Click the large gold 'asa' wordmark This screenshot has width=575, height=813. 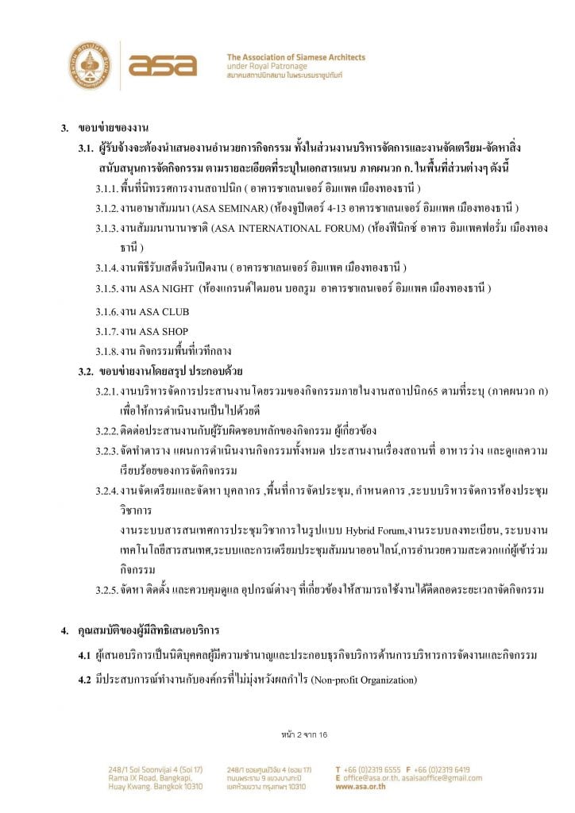point(162,64)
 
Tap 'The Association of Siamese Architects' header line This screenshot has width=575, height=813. point(295,57)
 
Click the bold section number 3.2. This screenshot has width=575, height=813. point(86,371)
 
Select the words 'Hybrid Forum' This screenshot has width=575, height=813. point(372,529)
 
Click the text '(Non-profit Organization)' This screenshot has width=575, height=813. point(364,680)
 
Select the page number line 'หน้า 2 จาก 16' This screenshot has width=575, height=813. point(304,734)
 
